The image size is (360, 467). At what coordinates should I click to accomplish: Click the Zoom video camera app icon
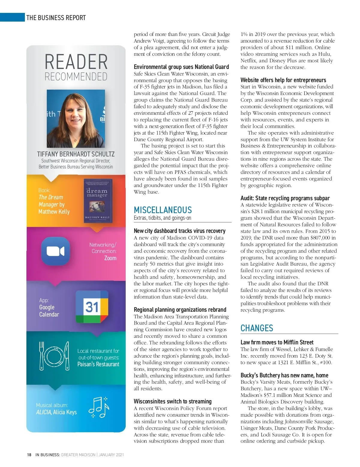[x=55, y=251]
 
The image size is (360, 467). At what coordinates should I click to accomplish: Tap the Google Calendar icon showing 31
[x=92, y=307]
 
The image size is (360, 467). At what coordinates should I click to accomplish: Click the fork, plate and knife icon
[x=54, y=355]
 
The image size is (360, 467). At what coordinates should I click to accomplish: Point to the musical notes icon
[x=99, y=407]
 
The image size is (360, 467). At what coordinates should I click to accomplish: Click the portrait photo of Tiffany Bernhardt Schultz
[x=76, y=119]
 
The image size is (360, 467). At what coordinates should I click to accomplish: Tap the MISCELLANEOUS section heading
[x=163, y=210]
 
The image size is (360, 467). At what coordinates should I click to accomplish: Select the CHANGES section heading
[x=257, y=328]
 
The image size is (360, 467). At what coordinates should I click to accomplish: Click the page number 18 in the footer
[x=29, y=455]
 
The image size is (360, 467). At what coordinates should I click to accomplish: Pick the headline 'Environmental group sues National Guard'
[x=181, y=67]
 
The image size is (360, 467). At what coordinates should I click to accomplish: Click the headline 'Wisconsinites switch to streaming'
[x=172, y=401]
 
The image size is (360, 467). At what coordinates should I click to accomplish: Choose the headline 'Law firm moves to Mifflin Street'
[x=277, y=342]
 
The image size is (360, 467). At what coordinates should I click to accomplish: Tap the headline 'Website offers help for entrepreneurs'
[x=283, y=80]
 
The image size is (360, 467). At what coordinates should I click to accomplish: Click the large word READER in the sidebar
[x=76, y=62]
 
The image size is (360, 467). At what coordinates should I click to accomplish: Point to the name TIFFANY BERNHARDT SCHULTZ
[x=76, y=154]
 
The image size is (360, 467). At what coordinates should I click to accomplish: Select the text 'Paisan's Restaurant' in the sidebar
[x=98, y=364]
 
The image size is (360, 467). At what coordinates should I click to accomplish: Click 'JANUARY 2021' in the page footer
[x=111, y=455]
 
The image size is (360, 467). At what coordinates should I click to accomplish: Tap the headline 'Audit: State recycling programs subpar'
[x=285, y=198]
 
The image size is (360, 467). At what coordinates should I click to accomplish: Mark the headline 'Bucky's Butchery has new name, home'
[x=284, y=375]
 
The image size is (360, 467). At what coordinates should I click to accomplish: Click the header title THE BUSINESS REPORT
[x=56, y=18]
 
